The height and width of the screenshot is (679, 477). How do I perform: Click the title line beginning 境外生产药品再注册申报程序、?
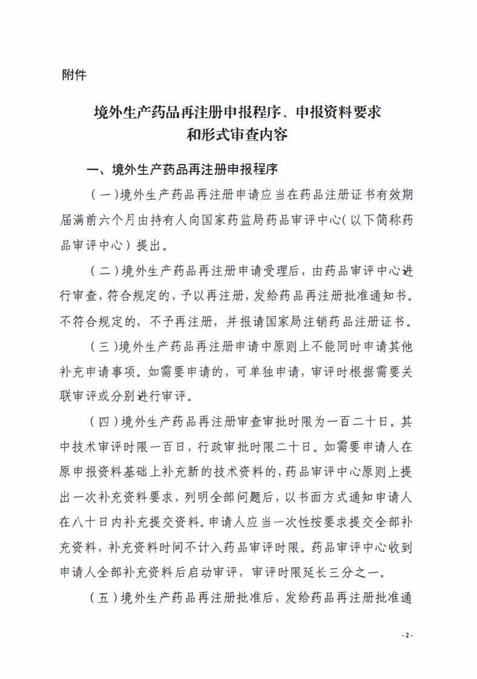tap(237, 112)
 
